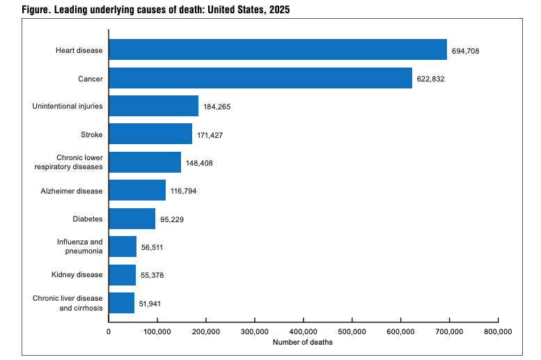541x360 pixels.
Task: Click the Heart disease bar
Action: tap(278, 49)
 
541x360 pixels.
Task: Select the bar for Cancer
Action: tap(260, 78)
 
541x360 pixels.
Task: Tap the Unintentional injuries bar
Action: tap(154, 106)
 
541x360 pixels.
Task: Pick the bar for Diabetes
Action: tap(132, 219)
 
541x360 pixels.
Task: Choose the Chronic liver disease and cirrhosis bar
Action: tap(121, 303)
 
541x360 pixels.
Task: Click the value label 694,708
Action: tap(465, 51)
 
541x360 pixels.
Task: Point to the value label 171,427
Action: tap(210, 135)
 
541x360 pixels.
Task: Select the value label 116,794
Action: tap(183, 191)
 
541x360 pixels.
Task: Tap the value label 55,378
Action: tap(152, 276)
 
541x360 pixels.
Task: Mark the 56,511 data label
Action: tap(152, 247)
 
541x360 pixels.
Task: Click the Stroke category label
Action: tap(92, 134)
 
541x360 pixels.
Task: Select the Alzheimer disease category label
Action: tap(72, 191)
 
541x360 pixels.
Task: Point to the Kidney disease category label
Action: tap(77, 275)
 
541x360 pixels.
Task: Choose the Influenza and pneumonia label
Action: tap(80, 246)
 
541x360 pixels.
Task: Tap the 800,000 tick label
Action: tap(498, 331)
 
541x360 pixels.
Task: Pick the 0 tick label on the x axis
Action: tap(109, 331)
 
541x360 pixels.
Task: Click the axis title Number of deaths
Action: tap(303, 342)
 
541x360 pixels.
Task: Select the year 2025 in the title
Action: tap(279, 9)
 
